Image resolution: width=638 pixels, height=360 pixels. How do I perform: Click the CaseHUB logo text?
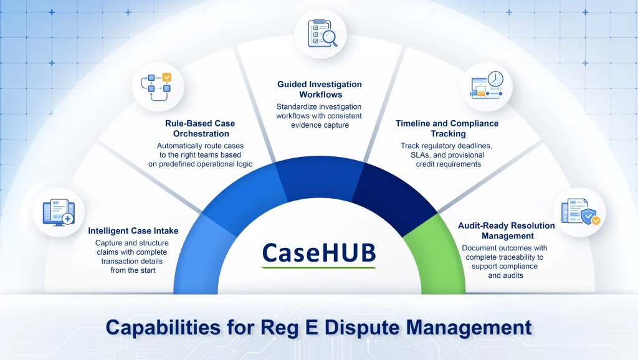pos(319,252)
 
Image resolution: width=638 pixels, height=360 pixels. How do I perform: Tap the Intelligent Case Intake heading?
pos(133,231)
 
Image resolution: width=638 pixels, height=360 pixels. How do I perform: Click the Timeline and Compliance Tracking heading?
pos(447,128)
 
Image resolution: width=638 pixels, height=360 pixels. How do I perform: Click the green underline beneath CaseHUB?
pos(319,268)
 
